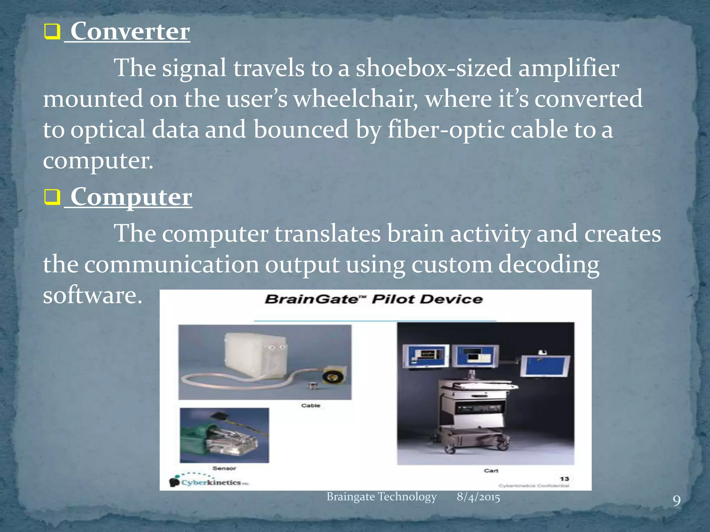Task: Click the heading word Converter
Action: (x=130, y=32)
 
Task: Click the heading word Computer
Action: (x=131, y=197)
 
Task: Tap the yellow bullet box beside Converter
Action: (x=52, y=32)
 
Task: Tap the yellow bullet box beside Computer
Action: (x=52, y=197)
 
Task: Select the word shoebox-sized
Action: (x=433, y=68)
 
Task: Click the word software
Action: (x=92, y=295)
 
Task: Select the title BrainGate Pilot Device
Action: (x=374, y=299)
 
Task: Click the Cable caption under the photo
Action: (x=311, y=406)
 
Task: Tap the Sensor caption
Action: (x=224, y=468)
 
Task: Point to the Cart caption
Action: (x=491, y=471)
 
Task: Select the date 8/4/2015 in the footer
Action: (x=478, y=497)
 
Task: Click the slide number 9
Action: (x=676, y=501)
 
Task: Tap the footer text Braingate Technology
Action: (x=381, y=497)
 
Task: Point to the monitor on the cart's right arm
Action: (x=545, y=366)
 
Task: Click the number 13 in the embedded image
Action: (x=564, y=479)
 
